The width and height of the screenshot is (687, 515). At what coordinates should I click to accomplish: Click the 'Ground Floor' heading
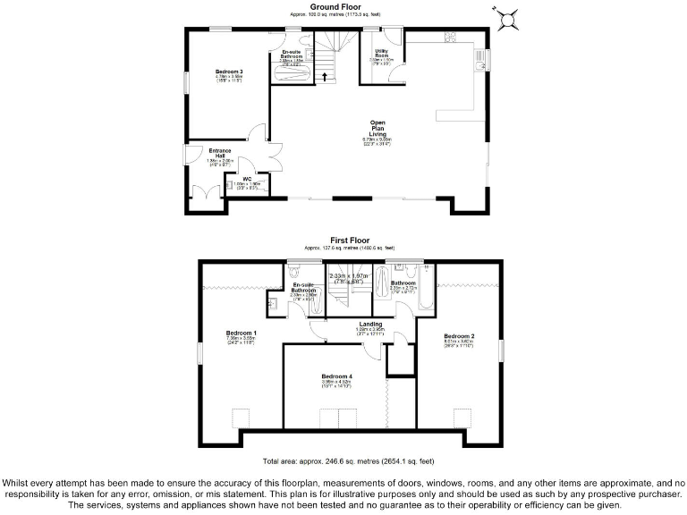click(328, 7)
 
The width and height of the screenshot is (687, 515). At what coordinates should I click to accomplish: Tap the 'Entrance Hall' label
click(220, 154)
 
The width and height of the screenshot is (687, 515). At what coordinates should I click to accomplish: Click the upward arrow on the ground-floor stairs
click(325, 76)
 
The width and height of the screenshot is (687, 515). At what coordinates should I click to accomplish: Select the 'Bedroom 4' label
click(336, 377)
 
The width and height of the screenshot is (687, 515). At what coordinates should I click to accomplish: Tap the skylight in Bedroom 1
click(241, 418)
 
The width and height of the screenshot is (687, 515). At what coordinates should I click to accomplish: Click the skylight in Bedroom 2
click(462, 418)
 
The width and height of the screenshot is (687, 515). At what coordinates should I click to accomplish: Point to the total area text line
click(349, 461)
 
